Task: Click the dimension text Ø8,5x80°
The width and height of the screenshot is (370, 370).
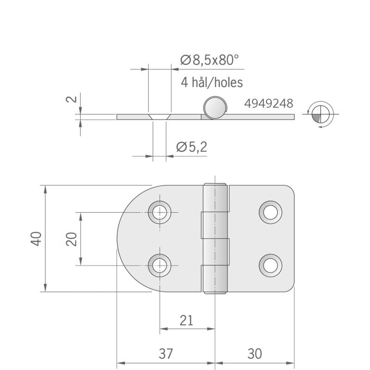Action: [209, 60]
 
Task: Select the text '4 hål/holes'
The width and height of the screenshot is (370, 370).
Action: [212, 82]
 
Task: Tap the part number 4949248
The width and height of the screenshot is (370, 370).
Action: [269, 103]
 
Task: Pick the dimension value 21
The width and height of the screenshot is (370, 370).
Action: [187, 320]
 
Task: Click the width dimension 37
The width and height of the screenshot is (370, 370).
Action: [166, 354]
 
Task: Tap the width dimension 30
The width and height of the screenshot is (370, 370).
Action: [254, 354]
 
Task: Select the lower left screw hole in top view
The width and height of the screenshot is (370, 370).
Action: [160, 265]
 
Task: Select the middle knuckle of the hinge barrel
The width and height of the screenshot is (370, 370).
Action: [216, 239]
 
